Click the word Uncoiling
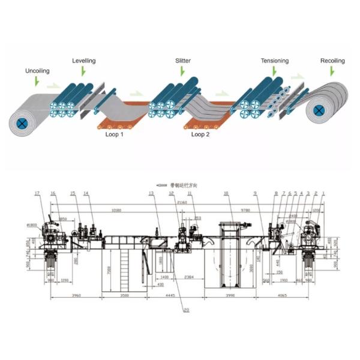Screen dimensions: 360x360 click(37, 71)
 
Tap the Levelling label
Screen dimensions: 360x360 click(83, 61)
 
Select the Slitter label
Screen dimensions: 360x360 click(183, 61)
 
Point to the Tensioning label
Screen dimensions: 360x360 click(274, 61)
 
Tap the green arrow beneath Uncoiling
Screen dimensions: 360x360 click(37, 80)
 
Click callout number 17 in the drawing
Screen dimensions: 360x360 click(37, 193)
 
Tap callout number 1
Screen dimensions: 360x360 click(323, 193)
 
